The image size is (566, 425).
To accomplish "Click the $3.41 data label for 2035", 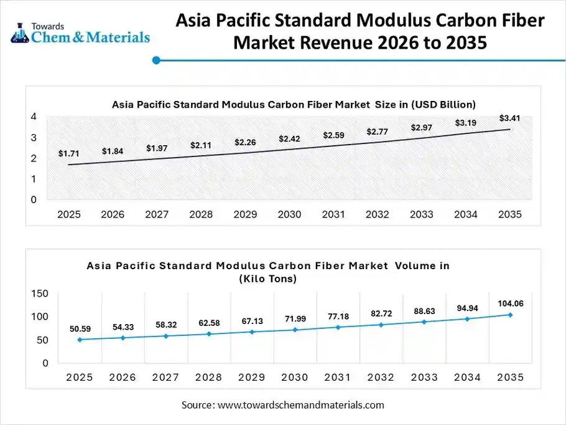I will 509,118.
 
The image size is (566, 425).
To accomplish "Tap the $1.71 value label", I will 68,153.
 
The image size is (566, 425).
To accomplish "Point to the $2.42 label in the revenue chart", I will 289,138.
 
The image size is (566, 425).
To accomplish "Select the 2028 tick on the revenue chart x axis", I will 201,214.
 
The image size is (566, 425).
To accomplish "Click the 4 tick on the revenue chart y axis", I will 34,117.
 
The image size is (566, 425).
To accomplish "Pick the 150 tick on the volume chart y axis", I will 39,293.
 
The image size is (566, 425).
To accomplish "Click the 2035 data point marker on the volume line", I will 509,315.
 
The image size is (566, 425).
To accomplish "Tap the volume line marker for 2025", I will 79,340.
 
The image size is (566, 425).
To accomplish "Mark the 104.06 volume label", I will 509,303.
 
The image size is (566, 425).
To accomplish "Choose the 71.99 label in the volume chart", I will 295,319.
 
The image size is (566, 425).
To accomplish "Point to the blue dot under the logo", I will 157,60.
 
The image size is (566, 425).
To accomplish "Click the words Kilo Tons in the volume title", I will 267,279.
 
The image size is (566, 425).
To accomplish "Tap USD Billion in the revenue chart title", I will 441,104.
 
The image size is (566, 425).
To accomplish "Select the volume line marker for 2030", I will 295,330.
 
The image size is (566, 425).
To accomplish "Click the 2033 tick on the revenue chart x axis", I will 421,214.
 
